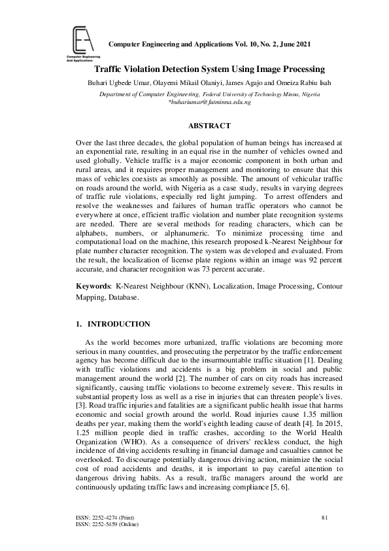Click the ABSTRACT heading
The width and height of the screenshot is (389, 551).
pyautogui.click(x=209, y=125)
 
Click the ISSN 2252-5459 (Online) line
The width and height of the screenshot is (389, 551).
pyautogui.click(x=107, y=524)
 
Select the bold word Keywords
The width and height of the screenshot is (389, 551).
pyautogui.click(x=93, y=286)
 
